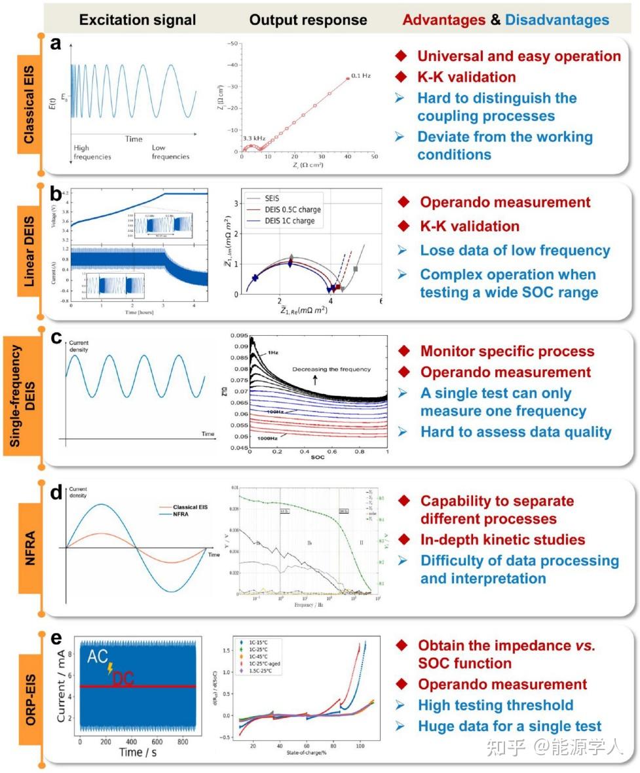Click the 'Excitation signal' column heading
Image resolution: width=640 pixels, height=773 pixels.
[137, 20]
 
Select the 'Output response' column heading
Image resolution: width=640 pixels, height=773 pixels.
[308, 20]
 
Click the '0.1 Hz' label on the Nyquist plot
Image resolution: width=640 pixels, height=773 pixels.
[360, 76]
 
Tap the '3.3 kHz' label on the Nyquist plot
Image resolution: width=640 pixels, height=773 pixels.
[254, 139]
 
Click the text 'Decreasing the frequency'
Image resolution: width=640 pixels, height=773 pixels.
[331, 369]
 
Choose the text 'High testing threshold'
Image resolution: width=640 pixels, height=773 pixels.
[496, 705]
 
